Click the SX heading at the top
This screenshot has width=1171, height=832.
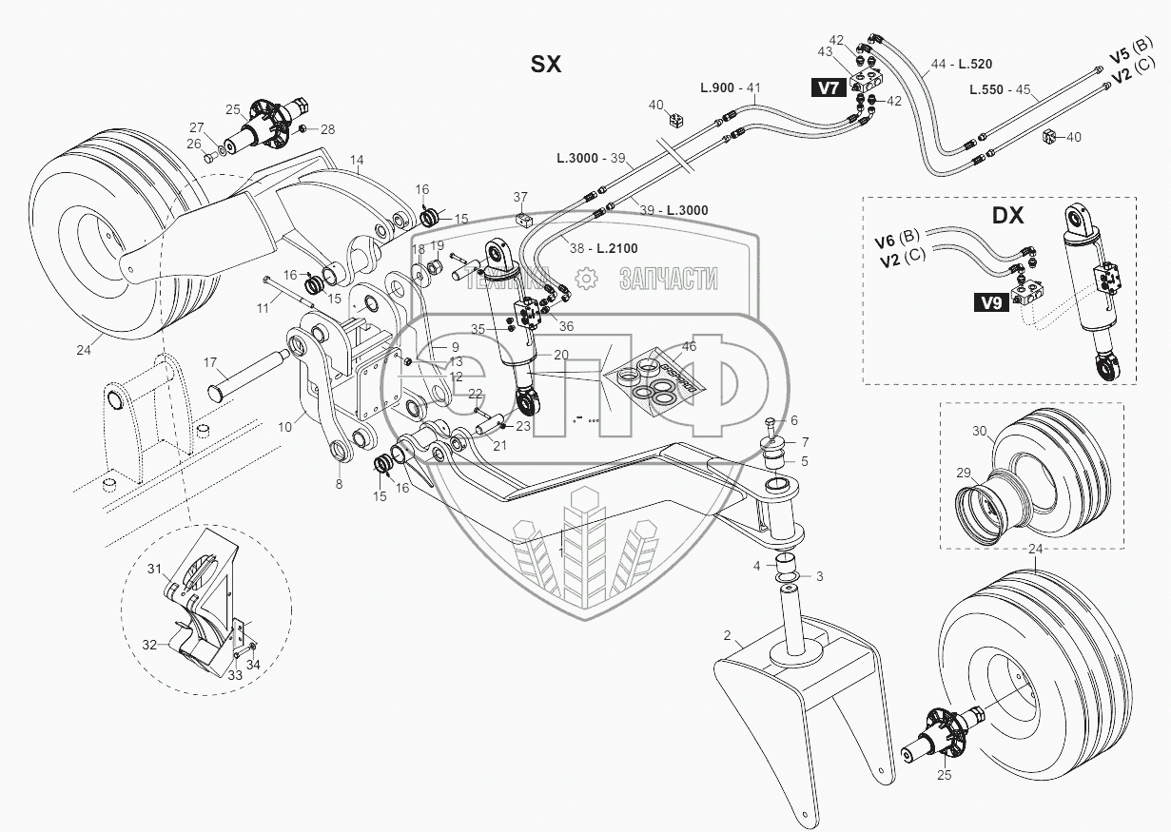tap(547, 64)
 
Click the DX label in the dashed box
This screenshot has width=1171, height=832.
tap(1007, 216)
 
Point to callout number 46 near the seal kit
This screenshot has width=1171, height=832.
tap(689, 347)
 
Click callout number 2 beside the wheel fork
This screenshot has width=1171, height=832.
tap(726, 634)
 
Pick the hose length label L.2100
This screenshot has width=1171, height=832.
tap(618, 249)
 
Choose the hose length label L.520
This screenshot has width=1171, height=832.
tap(975, 64)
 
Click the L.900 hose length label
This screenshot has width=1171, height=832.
tap(716, 87)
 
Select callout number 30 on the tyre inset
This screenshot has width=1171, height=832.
tap(979, 430)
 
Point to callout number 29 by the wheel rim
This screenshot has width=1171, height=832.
tap(963, 473)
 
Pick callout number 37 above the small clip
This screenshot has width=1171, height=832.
tap(520, 197)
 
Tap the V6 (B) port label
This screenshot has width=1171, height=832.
tap(897, 234)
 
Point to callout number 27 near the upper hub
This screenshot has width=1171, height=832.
tap(196, 127)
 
